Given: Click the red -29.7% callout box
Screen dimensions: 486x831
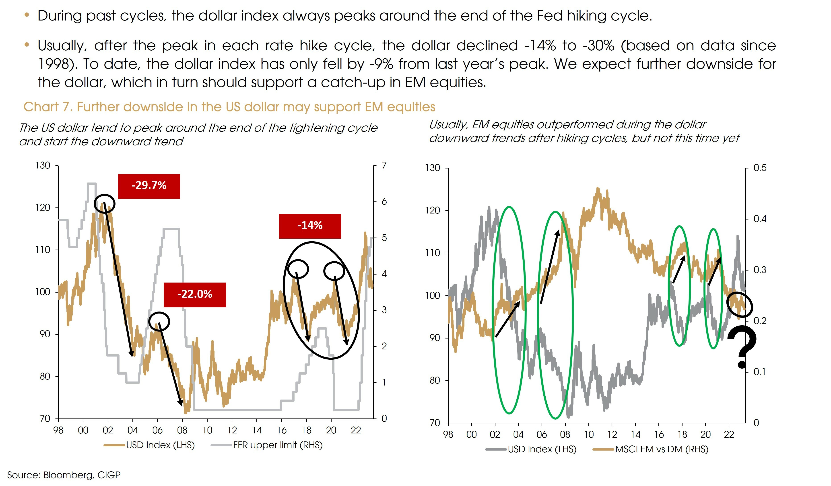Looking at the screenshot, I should tap(149, 186).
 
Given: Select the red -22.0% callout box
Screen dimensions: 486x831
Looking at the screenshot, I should tap(195, 295).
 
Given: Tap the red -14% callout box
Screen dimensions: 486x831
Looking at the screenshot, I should tap(310, 226).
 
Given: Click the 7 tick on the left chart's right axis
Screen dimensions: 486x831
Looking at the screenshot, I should tap(384, 165).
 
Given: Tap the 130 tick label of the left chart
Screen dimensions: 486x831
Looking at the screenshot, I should tap(43, 165).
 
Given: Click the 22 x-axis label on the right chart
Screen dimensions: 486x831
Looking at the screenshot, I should tap(729, 435).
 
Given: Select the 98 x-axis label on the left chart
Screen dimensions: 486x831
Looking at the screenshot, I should tap(58, 430).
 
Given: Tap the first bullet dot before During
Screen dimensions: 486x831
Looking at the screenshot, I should tap(27, 15).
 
